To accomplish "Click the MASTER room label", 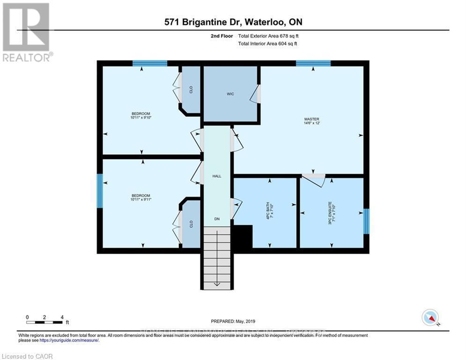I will [x=311, y=119].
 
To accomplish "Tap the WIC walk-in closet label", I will [x=230, y=94].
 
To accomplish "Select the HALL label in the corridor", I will [x=216, y=176].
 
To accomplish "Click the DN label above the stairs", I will [x=216, y=219].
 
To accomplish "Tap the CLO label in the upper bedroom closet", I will [x=191, y=89].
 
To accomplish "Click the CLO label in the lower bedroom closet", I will [x=191, y=224].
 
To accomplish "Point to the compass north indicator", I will [x=430, y=318].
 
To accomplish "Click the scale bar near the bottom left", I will [x=45, y=322].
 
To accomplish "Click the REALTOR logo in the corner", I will [x=27, y=32].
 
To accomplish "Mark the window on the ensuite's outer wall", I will [x=366, y=221].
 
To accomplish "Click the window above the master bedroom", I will [x=313, y=63].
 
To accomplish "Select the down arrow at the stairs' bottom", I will [x=216, y=284].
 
